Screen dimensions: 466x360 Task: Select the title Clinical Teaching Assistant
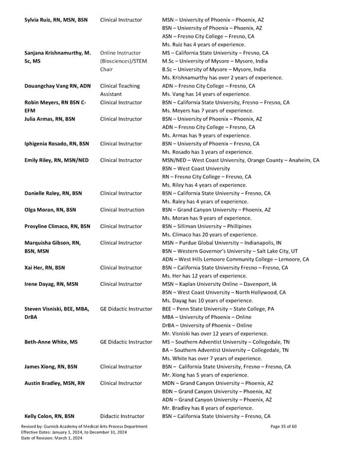point(120,90)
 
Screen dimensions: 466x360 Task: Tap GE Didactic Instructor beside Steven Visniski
point(126,309)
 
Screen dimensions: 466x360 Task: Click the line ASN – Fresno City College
point(208,36)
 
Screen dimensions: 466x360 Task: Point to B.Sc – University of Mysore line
point(213,69)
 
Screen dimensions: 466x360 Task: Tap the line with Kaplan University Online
point(219,284)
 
